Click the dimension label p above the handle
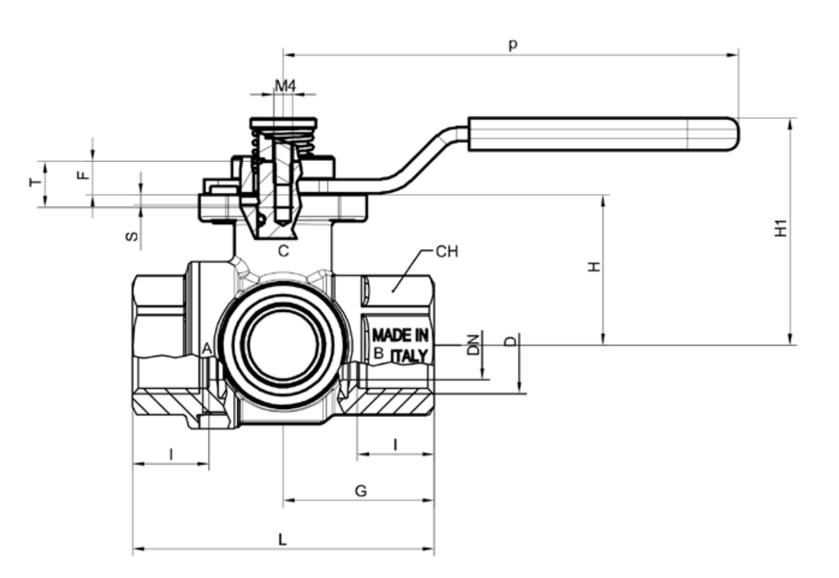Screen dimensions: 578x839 coord(513,45)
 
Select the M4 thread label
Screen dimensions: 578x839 coord(285,86)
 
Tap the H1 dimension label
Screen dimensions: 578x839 coord(780,229)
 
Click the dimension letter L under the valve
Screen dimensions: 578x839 coord(282,539)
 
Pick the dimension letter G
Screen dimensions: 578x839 coord(361,491)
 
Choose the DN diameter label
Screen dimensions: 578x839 coord(474,344)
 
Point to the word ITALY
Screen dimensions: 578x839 coord(410,355)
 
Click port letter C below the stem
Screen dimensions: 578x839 coord(283,252)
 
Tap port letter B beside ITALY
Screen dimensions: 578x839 coord(378,353)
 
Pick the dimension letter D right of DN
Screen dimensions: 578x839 coord(511,342)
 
